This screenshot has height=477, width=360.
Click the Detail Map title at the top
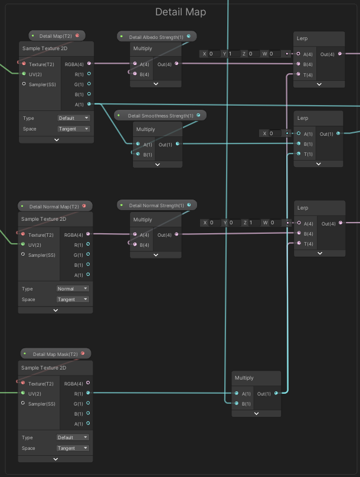180,12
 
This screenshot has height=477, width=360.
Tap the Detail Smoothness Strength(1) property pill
160,116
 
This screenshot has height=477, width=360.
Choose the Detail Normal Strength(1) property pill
156,205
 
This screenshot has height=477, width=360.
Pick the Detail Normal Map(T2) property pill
54,207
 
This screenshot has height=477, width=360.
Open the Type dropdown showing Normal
73,289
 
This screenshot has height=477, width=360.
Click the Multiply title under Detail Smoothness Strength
146,129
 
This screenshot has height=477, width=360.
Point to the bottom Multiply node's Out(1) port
276,393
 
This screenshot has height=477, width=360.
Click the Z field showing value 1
250,223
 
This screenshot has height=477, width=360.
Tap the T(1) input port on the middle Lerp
299,154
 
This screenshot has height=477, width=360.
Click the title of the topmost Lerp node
303,38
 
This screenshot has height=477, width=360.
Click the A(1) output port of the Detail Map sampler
89,104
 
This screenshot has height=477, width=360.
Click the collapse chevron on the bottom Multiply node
256,414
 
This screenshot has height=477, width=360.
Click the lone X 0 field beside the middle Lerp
271,133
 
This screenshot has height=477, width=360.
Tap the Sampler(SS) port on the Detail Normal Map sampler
24,255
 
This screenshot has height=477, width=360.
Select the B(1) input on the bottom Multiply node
237,404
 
